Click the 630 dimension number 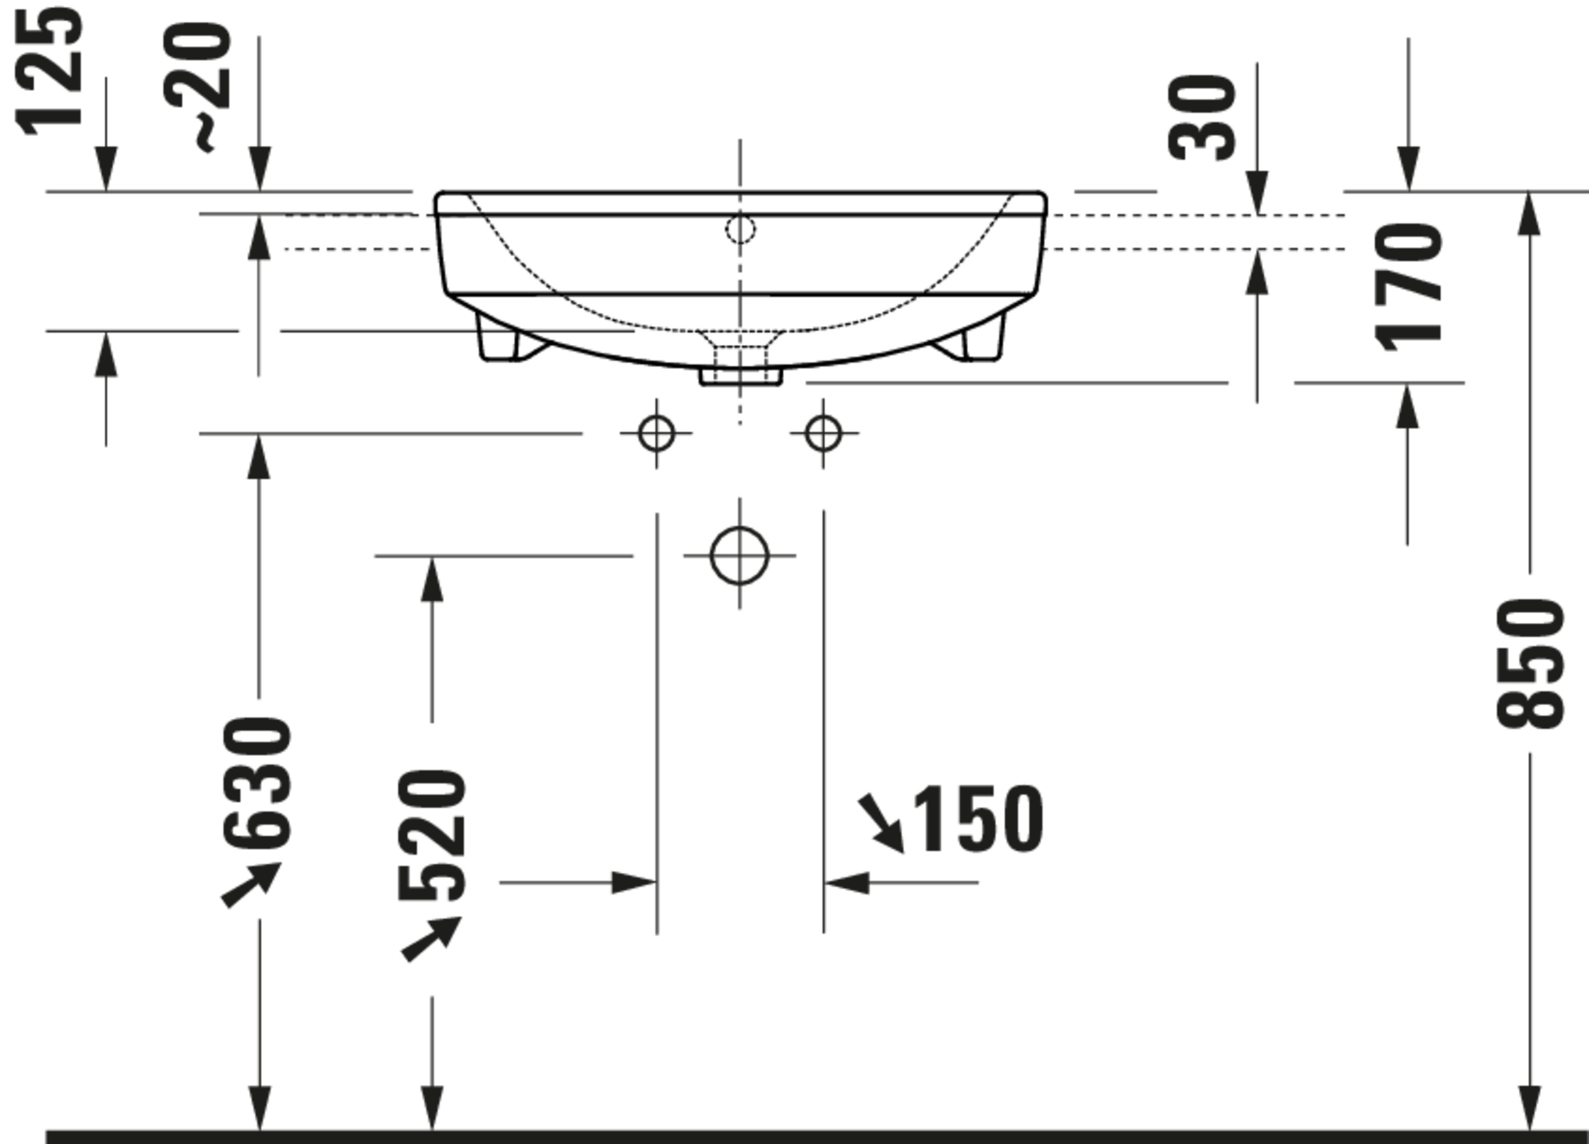pos(257,783)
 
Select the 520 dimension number pos(431,835)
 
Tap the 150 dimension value pos(979,818)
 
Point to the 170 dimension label pos(1409,287)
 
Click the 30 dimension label pos(1202,118)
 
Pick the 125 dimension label pos(49,70)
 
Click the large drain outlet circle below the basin pos(739,556)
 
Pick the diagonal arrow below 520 pos(431,939)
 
